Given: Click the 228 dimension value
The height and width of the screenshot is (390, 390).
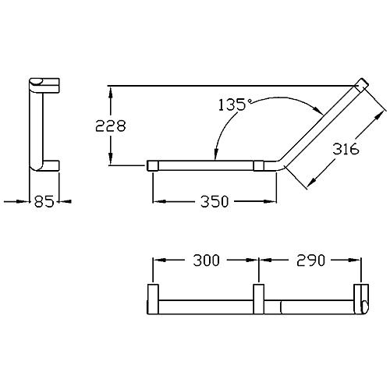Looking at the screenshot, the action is (x=111, y=126).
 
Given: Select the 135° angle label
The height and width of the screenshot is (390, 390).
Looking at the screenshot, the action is (x=236, y=105).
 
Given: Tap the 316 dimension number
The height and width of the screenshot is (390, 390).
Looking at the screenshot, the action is (x=346, y=149).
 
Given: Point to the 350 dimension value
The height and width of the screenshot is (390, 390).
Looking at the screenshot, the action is (x=214, y=201).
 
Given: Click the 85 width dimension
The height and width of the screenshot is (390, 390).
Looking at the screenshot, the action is (x=44, y=201).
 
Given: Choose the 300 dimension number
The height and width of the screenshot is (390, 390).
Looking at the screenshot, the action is (x=207, y=261).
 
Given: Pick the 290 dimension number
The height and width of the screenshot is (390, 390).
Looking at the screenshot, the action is (x=310, y=261).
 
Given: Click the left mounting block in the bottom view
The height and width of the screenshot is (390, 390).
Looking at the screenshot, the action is (x=153, y=300).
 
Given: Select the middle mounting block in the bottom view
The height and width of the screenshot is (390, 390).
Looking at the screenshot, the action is (x=259, y=300).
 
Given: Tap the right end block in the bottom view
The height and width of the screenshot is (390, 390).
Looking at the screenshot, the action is (x=361, y=300).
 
